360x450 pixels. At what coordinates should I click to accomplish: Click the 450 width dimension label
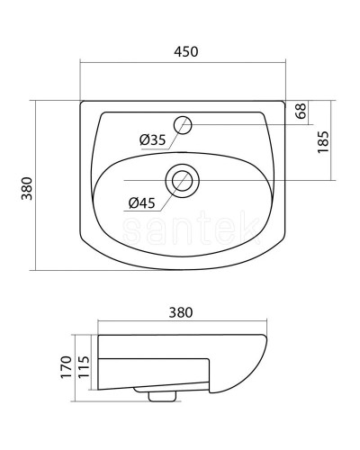[x=186, y=51]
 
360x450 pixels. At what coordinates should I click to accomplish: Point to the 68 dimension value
[x=301, y=111]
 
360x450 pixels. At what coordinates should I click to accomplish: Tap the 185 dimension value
[x=323, y=142]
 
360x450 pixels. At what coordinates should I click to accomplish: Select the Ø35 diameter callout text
[x=153, y=139]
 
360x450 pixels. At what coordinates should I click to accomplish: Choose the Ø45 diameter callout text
[x=142, y=203]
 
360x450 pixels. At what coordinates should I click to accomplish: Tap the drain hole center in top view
[x=182, y=181]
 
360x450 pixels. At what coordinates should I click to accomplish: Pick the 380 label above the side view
[x=181, y=312]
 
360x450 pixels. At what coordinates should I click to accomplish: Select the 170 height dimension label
[x=67, y=367]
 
